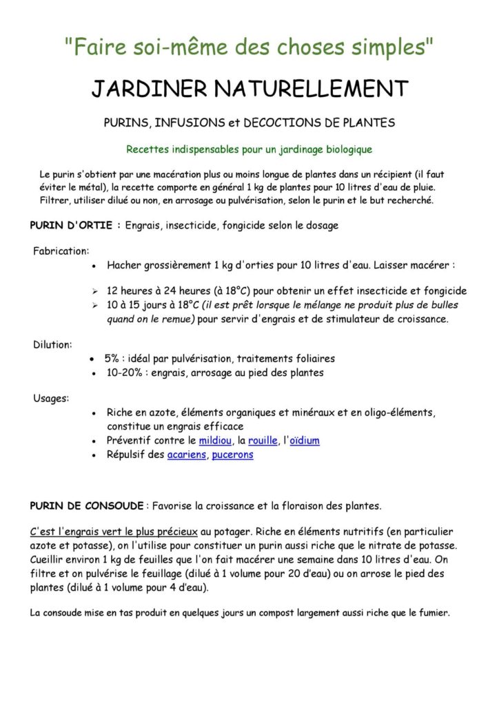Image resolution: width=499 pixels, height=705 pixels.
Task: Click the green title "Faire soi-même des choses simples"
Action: tap(249, 48)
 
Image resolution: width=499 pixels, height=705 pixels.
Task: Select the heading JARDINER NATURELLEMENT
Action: tap(250, 89)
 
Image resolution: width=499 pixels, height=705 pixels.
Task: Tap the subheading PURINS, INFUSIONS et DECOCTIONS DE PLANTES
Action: tap(249, 123)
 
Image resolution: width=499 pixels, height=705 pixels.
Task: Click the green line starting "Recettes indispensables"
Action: tap(249, 149)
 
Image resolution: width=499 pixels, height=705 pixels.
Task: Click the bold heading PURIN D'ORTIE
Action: tap(75, 225)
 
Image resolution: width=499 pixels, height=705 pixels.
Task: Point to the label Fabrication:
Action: tap(61, 251)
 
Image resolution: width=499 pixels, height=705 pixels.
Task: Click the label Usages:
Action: tap(50, 397)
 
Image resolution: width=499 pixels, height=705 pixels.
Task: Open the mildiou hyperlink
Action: tap(214, 441)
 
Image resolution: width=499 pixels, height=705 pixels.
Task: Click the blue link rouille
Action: tap(263, 441)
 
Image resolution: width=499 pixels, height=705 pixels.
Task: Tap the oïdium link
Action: tap(304, 441)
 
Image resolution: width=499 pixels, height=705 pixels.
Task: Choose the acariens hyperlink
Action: tap(186, 455)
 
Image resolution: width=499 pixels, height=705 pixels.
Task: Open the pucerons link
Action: tap(232, 455)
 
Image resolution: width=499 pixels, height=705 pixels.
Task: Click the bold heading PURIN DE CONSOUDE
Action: tap(87, 506)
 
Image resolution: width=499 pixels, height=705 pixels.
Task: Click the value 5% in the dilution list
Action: tap(112, 359)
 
